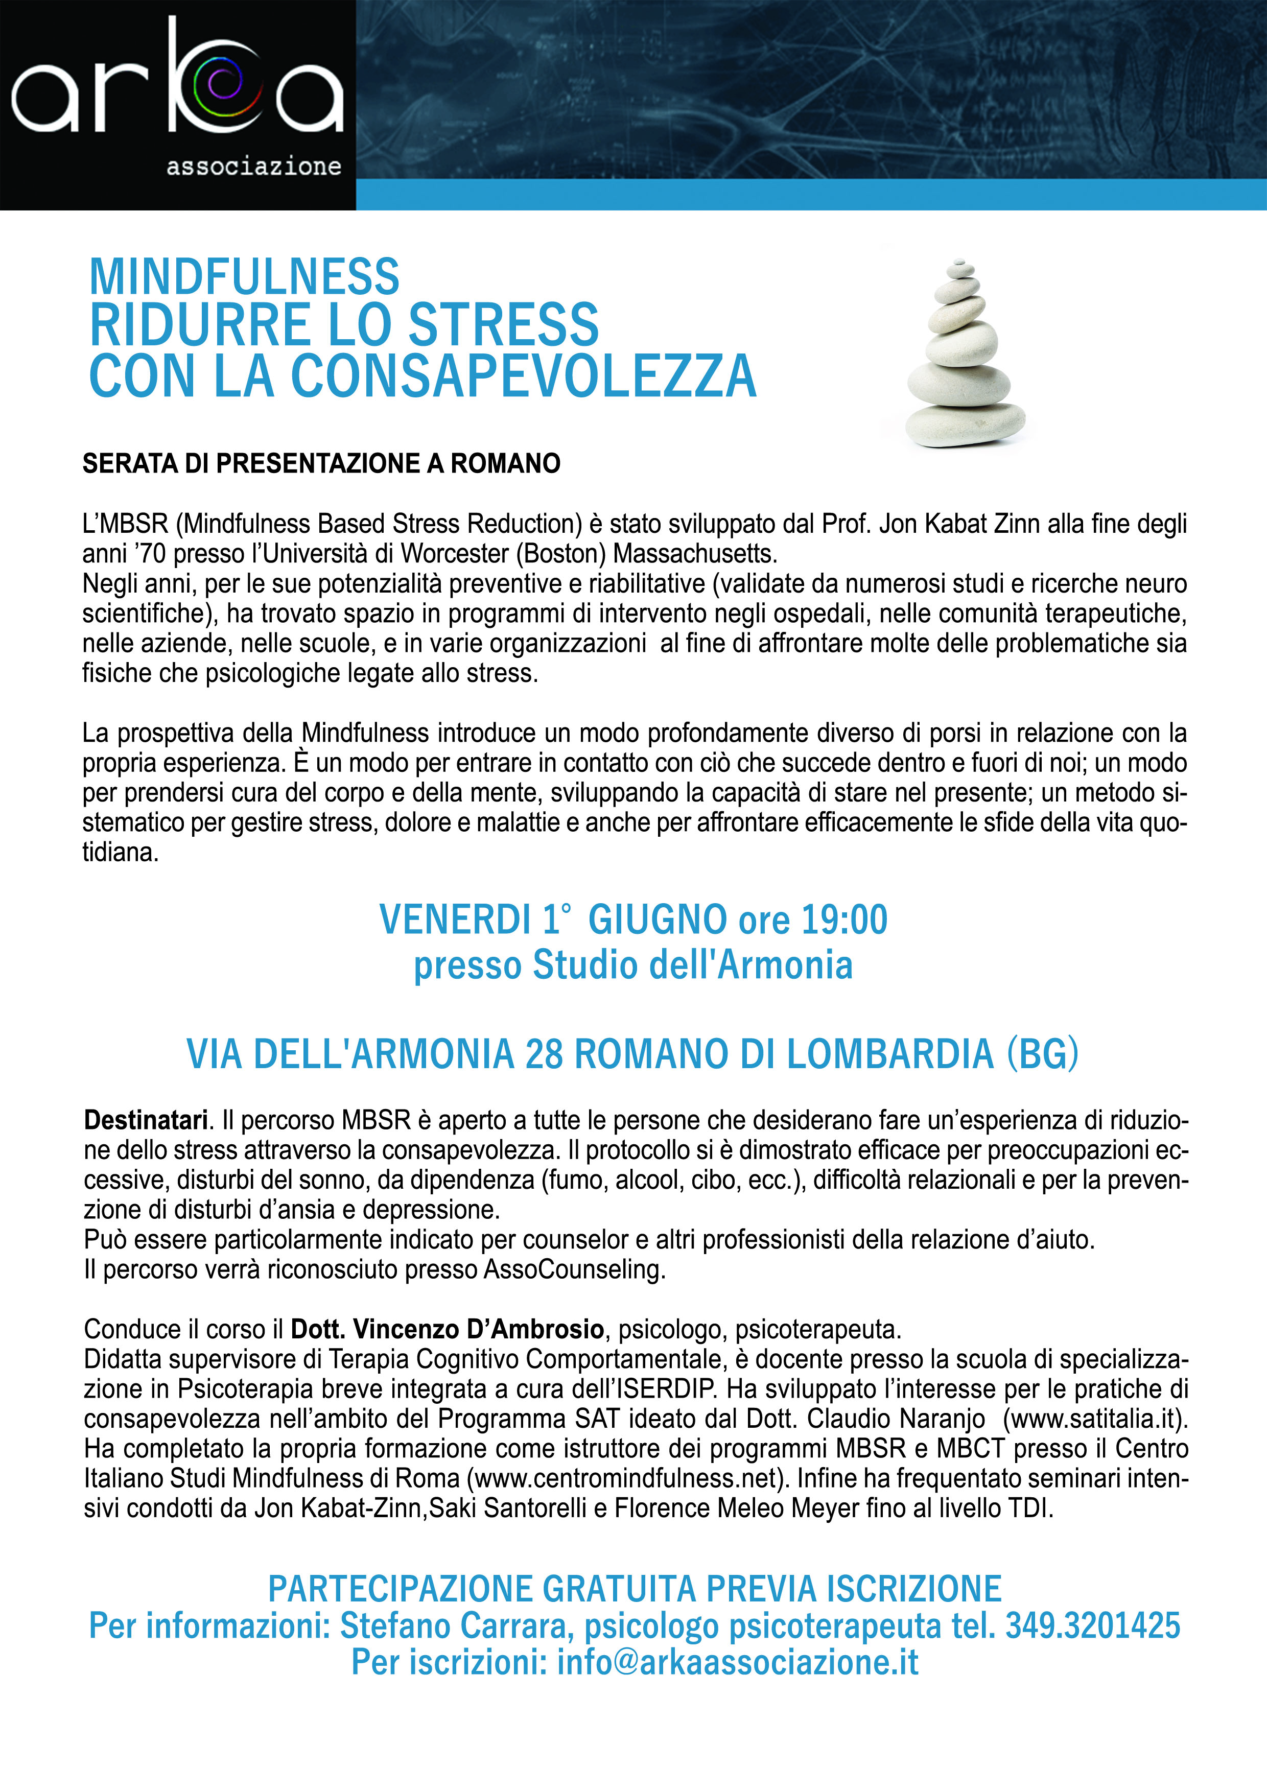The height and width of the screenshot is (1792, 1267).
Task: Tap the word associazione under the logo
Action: click(x=254, y=166)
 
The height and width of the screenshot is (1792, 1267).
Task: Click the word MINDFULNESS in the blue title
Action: click(x=244, y=276)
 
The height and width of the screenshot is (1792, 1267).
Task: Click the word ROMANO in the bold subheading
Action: click(x=505, y=464)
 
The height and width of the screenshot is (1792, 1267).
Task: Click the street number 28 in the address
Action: click(x=544, y=1054)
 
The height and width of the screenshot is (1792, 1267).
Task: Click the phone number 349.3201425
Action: click(x=1092, y=1626)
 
